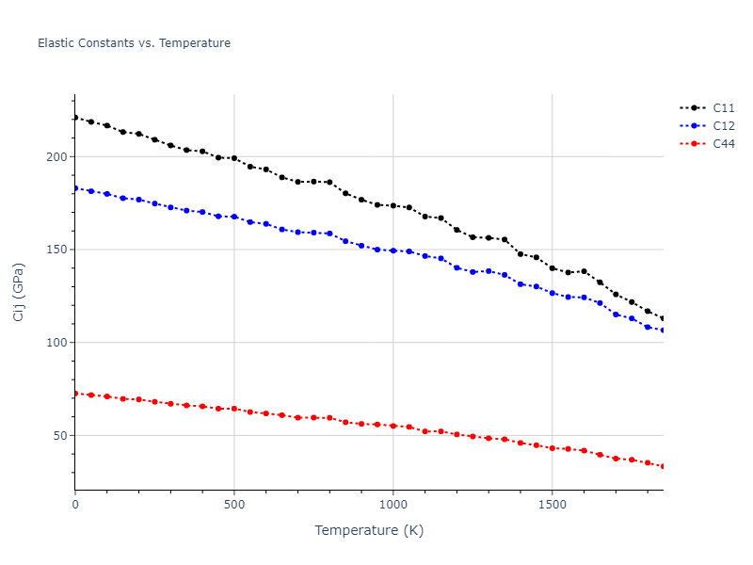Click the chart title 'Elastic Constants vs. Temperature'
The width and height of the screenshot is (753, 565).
134,43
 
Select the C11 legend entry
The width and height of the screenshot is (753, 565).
723,108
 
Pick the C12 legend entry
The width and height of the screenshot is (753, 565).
723,126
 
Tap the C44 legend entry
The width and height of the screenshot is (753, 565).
723,144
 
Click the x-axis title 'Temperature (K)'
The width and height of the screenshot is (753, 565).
369,530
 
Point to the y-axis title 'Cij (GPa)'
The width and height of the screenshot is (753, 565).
19,292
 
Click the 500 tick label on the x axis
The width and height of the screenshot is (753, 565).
234,506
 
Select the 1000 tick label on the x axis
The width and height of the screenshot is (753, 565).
393,506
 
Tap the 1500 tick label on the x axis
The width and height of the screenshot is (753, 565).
552,506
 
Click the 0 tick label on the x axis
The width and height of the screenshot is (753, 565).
75,506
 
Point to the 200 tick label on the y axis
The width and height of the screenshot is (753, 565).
57,157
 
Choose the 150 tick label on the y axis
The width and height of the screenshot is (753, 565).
57,250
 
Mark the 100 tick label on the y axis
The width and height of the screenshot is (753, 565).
57,343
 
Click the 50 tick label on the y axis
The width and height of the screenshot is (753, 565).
61,436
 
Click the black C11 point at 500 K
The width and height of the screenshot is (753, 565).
234,158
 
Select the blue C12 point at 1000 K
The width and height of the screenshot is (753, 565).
393,250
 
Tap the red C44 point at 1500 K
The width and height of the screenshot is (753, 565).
552,448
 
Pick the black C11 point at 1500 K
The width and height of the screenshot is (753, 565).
552,268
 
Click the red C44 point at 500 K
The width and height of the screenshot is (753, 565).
234,409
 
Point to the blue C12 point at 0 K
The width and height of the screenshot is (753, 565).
75,188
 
